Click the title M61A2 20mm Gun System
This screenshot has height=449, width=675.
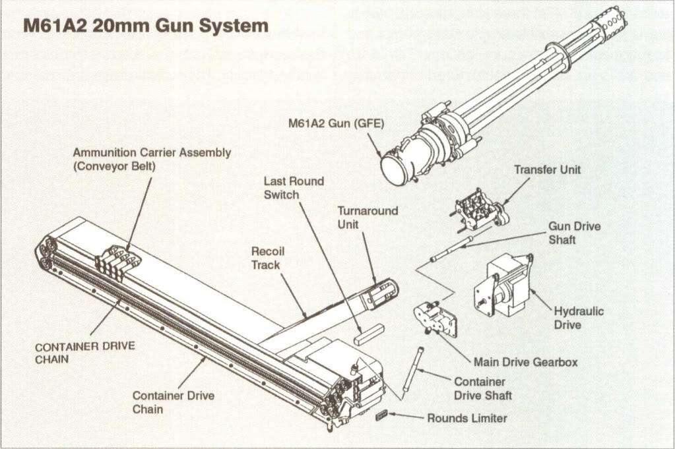[x=146, y=26]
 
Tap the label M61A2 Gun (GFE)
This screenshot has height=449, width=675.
[x=336, y=123]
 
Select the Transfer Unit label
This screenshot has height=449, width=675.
[x=547, y=170]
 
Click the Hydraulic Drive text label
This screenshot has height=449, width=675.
[x=578, y=318]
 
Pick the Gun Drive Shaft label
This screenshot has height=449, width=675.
[x=574, y=233]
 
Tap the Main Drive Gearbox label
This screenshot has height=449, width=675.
[x=525, y=362]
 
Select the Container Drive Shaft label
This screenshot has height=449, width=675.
[x=482, y=388]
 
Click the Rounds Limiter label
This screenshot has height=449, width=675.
[x=466, y=418]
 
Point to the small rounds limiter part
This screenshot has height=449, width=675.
[x=381, y=415]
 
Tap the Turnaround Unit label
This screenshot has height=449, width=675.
[x=368, y=218]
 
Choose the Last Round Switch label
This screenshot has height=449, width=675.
[x=294, y=188]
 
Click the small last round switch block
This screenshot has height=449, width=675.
[x=369, y=334]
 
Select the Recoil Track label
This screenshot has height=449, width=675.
[x=268, y=258]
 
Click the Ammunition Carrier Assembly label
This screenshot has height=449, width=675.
[x=152, y=159]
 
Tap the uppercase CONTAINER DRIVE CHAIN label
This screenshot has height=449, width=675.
[x=85, y=353]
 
